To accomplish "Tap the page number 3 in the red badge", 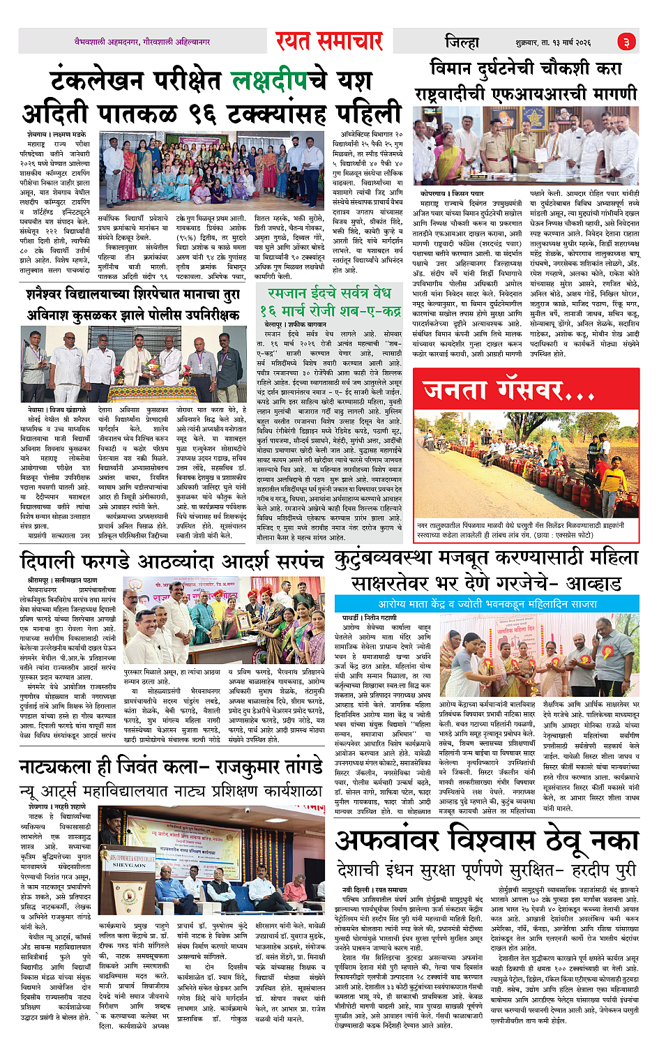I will [x=626, y=42].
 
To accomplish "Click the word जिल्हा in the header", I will [x=462, y=42].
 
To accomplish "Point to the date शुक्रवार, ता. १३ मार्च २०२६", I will [x=553, y=43].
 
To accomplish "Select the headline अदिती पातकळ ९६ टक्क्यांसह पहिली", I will [x=212, y=112].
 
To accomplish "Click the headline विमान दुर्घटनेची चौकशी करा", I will [x=525, y=69].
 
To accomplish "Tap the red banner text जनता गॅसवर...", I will [x=508, y=391].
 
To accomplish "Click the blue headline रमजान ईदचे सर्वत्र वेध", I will [x=329, y=293].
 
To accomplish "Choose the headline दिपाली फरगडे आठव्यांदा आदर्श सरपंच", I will [x=172, y=562].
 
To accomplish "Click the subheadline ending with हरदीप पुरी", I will [x=487, y=870].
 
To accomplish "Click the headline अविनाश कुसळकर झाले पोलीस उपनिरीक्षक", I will [x=133, y=315].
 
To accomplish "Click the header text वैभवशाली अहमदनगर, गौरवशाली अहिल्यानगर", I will [x=142, y=43].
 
